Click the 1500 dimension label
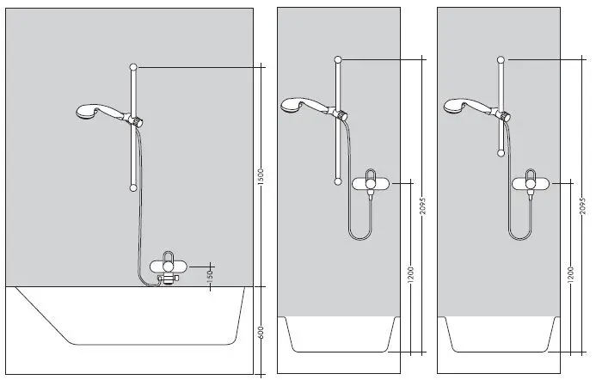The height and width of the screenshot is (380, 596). point(261,175)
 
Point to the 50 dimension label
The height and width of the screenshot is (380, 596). point(210,275)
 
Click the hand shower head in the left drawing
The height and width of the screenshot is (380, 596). point(90,111)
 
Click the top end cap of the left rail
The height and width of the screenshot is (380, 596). point(132,66)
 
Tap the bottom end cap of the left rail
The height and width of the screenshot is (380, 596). point(132,187)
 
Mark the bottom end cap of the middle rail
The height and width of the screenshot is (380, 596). point(337,181)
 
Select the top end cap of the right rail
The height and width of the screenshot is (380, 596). point(501,59)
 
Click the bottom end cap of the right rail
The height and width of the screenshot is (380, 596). point(501,153)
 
